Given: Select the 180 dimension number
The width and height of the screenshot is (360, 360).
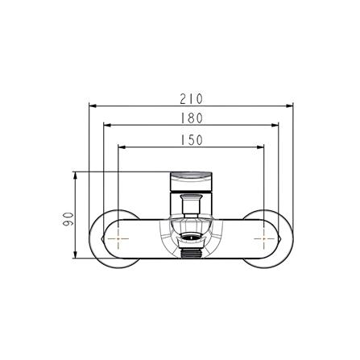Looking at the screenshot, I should (191, 118).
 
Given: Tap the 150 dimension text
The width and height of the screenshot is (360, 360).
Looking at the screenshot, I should (191, 139).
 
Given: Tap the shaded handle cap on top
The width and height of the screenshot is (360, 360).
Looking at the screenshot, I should (191, 175).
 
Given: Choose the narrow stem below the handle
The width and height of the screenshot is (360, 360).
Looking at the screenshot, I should (191, 206).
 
